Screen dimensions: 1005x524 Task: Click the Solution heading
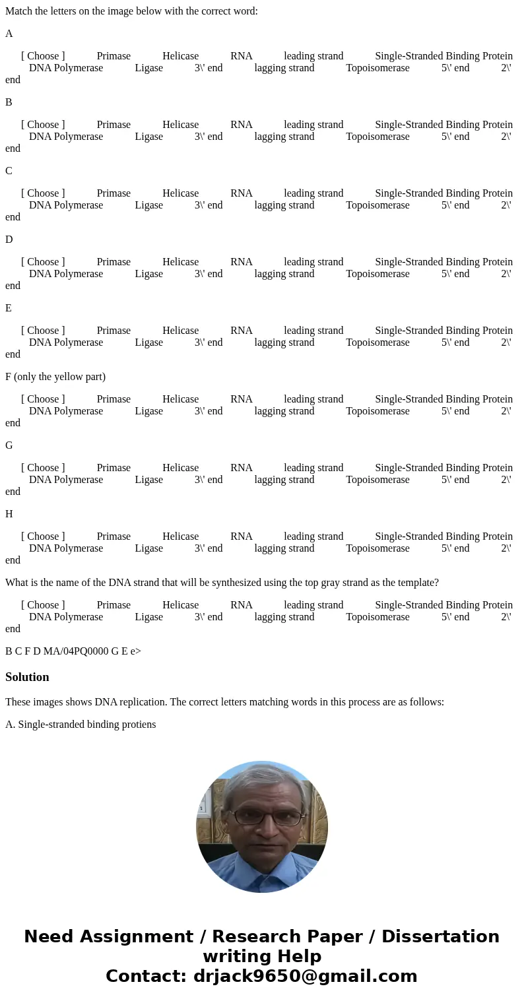[x=27, y=677]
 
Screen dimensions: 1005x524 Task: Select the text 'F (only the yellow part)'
[x=55, y=377]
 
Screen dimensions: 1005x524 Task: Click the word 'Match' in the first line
[x=18, y=11]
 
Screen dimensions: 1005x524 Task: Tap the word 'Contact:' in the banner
[x=146, y=976]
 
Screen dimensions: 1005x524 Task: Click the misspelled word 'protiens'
[x=138, y=725]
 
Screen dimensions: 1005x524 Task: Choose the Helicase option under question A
[x=180, y=56]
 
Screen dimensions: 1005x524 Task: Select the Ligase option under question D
[x=148, y=274]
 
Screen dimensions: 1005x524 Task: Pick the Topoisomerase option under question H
[x=377, y=548]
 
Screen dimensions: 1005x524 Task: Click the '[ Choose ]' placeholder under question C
[x=43, y=193]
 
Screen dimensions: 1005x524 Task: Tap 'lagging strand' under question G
[x=284, y=480]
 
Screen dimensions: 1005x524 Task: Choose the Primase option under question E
[x=114, y=331]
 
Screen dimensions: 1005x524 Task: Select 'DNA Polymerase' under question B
[x=66, y=137]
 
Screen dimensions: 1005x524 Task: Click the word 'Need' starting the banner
[x=50, y=936]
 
